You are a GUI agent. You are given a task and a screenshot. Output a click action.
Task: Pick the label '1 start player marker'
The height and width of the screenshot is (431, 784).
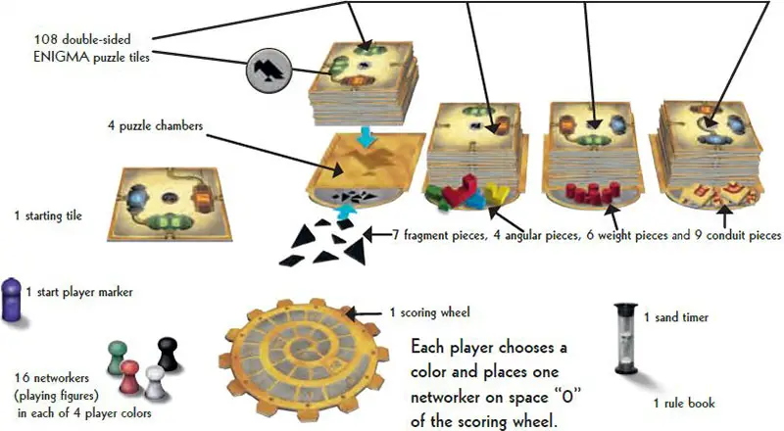click(x=78, y=291)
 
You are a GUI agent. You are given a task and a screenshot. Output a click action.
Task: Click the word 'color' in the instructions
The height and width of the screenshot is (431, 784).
click(x=439, y=373)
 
